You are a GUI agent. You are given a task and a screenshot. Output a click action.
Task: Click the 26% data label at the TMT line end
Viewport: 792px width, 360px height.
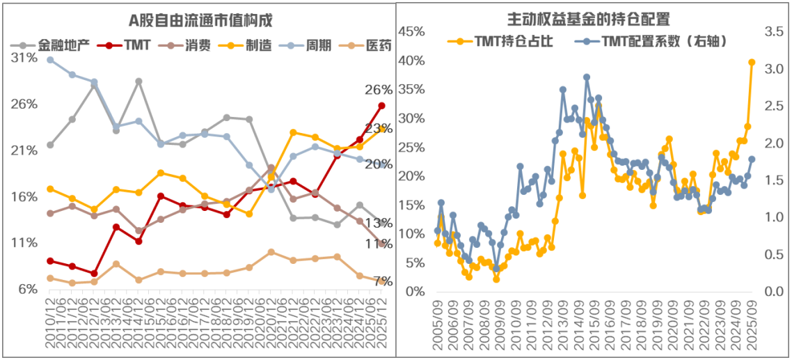coord(379,90)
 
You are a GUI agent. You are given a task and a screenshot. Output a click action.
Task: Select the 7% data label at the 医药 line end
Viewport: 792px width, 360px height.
coord(381,281)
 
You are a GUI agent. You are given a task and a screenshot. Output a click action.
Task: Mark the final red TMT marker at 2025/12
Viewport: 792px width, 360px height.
coord(381,106)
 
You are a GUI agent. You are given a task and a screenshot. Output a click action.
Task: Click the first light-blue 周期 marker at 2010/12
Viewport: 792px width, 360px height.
coord(50,60)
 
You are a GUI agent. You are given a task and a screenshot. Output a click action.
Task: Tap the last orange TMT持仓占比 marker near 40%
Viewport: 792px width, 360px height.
coord(752,62)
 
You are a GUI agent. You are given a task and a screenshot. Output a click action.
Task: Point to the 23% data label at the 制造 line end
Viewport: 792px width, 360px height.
coord(379,129)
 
